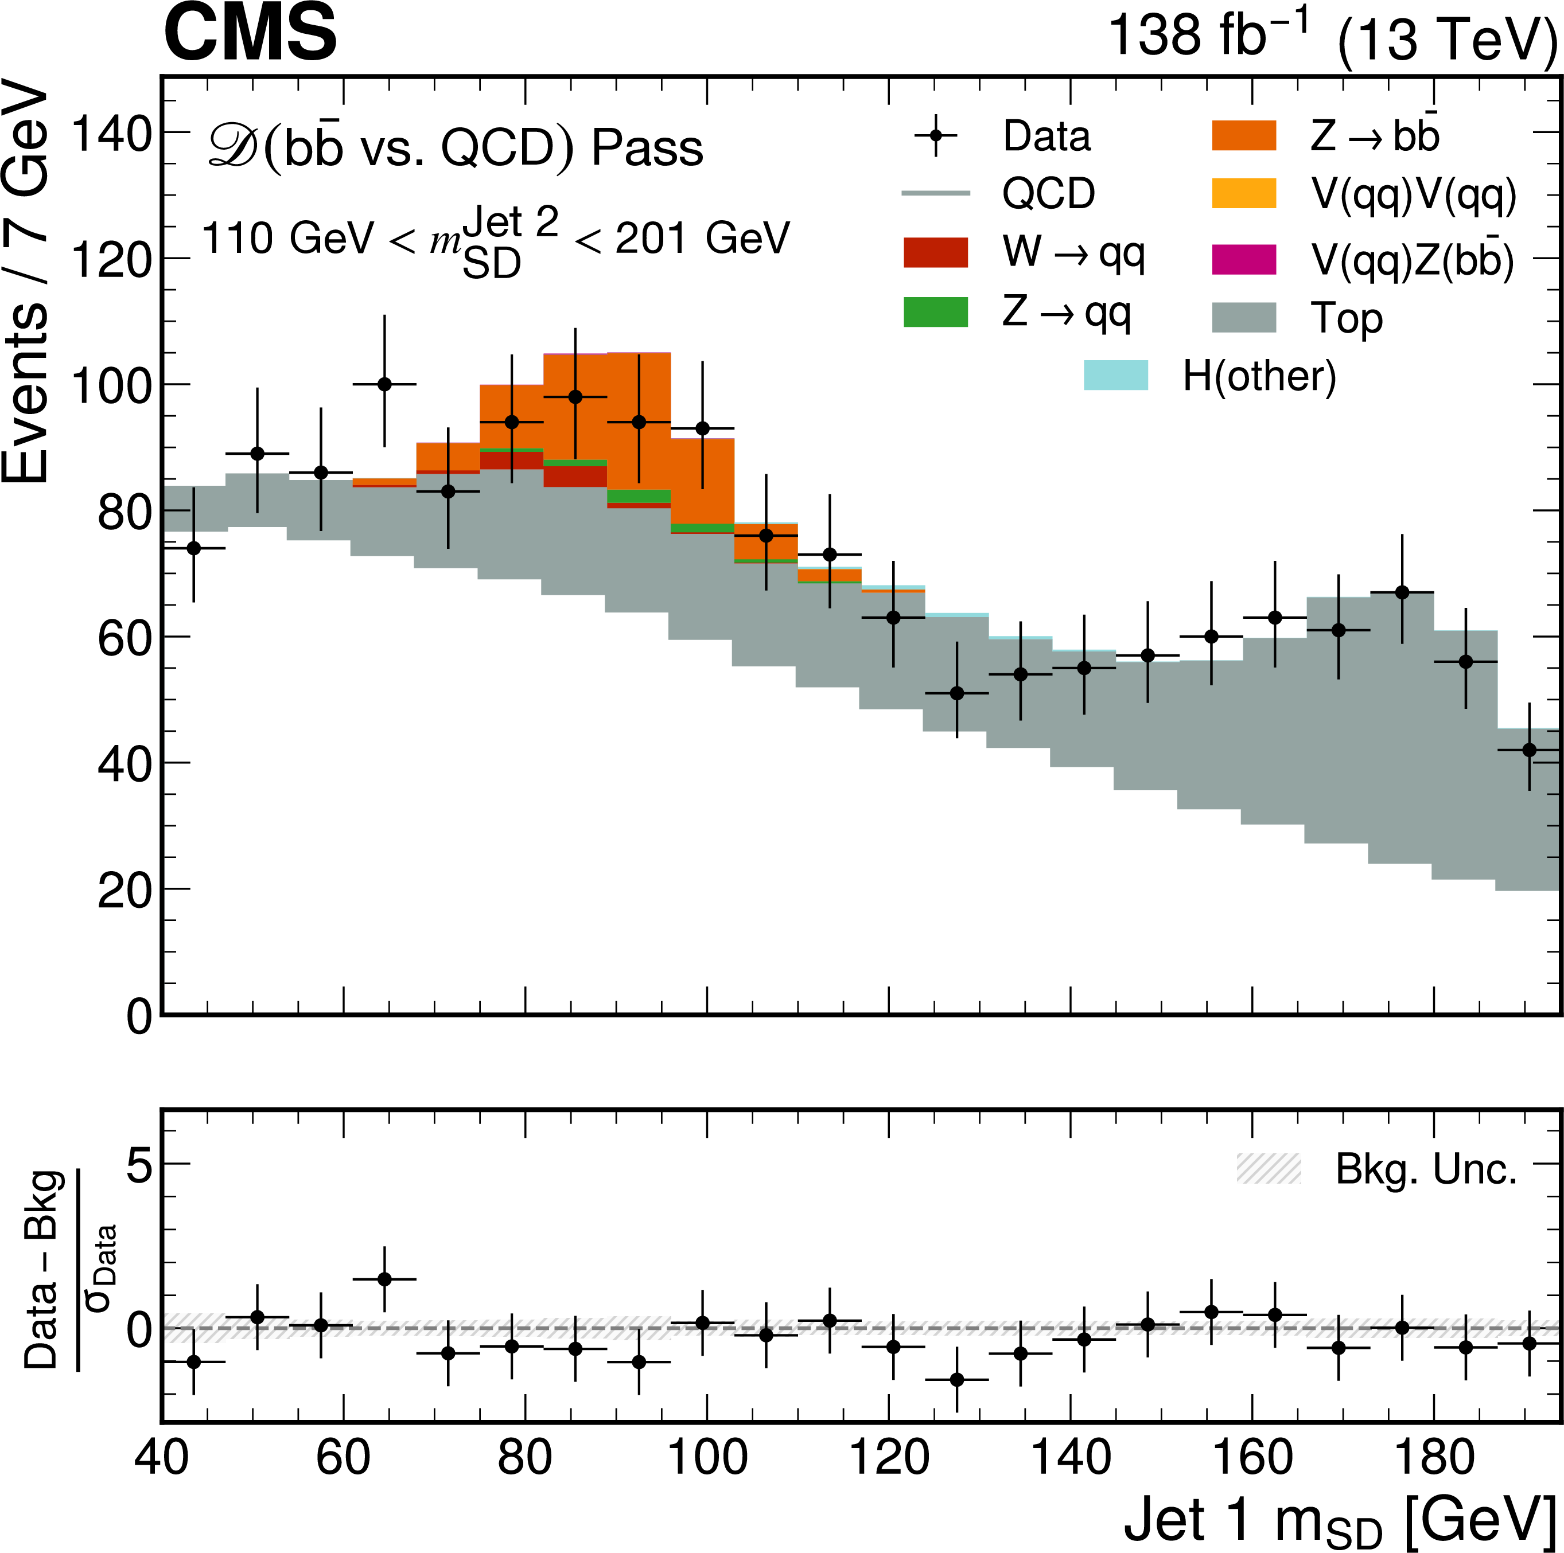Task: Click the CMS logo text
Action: tap(250, 32)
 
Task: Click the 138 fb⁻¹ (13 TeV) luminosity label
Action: tap(1332, 37)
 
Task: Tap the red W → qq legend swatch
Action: tap(935, 252)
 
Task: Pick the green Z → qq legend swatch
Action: tap(935, 313)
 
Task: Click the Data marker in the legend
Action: tap(936, 135)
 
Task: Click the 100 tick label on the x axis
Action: tap(707, 1458)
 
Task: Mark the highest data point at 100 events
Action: tap(384, 384)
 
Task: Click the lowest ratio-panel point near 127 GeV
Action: tap(957, 1380)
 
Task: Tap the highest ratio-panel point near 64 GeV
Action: tap(384, 1279)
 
